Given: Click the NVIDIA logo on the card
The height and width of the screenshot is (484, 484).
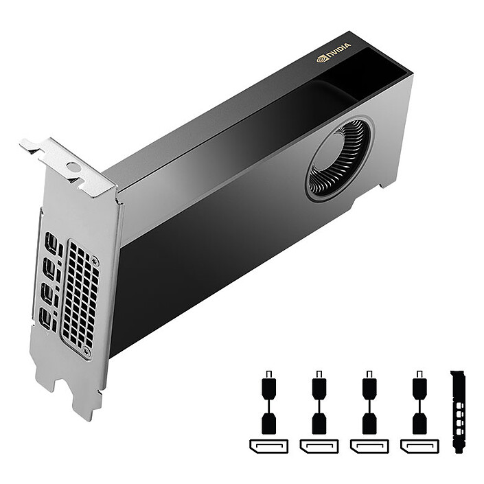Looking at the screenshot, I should point(334,52).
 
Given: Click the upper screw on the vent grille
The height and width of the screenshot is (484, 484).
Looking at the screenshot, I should point(94,262).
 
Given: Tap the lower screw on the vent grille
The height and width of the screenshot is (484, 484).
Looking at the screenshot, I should point(87,352).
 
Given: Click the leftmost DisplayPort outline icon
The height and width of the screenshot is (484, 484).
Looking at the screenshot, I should point(268,446).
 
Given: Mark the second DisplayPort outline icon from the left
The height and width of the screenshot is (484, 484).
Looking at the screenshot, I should point(319,446).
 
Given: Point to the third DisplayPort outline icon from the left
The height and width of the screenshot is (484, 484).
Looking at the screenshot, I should point(369,446).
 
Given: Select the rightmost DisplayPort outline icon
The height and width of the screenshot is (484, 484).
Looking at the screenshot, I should point(419,446).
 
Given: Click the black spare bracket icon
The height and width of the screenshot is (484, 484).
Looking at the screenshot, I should point(459,412).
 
